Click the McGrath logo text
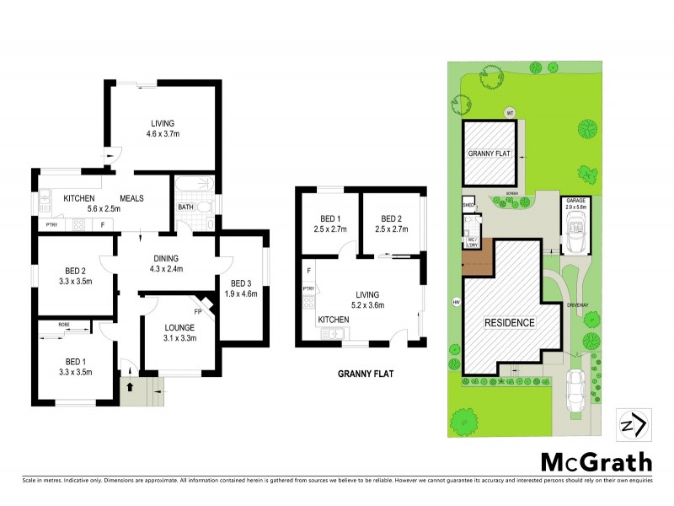tap(596, 461)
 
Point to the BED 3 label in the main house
tap(241, 288)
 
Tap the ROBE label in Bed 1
tap(64, 324)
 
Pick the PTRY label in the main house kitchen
tap(51, 224)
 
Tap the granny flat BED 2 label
tap(392, 222)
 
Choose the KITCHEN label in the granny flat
tap(334, 320)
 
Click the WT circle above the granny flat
tap(509, 112)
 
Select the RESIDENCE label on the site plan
tap(508, 322)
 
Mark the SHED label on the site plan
tap(468, 205)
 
